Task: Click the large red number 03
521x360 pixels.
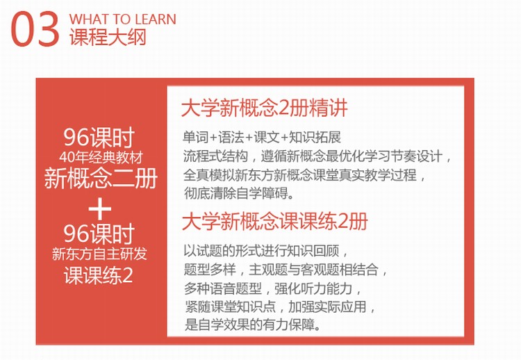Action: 35,28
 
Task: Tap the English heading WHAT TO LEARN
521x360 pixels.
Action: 122,19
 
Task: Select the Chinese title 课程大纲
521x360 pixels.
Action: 108,36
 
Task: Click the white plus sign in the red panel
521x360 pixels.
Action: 99,208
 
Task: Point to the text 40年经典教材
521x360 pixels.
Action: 101,157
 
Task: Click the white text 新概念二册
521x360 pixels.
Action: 101,178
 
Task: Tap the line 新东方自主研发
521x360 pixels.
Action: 99,254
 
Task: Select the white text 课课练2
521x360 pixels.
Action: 99,275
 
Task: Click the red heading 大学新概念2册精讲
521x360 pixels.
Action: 264,108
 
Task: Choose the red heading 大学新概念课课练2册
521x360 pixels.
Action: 275,221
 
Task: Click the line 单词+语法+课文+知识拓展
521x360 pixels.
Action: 262,138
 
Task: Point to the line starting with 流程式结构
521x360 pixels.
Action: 317,156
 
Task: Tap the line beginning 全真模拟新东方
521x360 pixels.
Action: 304,175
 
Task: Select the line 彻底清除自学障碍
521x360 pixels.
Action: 239,193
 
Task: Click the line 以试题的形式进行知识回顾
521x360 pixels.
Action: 266,251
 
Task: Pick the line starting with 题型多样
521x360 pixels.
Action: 286,269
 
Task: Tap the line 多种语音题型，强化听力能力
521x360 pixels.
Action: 273,288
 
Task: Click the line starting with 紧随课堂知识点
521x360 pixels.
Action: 280,306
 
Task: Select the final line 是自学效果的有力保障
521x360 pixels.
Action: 253,325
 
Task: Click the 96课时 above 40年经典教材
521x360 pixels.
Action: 99,138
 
